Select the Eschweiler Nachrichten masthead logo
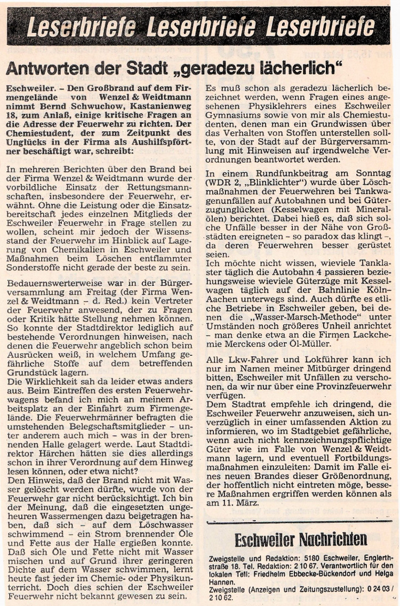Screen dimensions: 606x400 [301, 539]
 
